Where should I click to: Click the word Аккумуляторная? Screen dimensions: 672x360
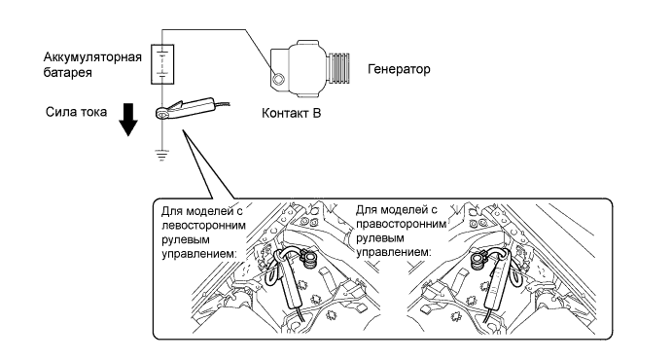(92, 57)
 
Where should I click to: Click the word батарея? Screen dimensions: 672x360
(68, 72)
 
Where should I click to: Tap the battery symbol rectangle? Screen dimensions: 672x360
(162, 63)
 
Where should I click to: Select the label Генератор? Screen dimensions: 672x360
(399, 69)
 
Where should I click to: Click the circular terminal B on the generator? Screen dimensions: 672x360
(278, 79)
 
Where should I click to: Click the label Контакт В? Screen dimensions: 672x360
(292, 113)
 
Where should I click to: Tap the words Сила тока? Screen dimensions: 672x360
(76, 112)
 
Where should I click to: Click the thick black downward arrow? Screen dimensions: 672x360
(128, 119)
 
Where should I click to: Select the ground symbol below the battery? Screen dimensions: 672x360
(161, 154)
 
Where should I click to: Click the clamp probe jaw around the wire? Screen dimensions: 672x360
(162, 113)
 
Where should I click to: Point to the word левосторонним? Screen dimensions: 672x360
(204, 225)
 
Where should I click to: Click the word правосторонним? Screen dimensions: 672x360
(401, 224)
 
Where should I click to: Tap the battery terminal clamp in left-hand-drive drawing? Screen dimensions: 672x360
(308, 258)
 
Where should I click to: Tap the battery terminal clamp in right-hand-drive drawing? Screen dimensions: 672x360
(477, 260)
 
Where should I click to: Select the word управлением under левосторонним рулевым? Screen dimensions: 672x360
(199, 253)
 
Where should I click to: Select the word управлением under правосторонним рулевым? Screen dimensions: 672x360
(394, 252)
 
